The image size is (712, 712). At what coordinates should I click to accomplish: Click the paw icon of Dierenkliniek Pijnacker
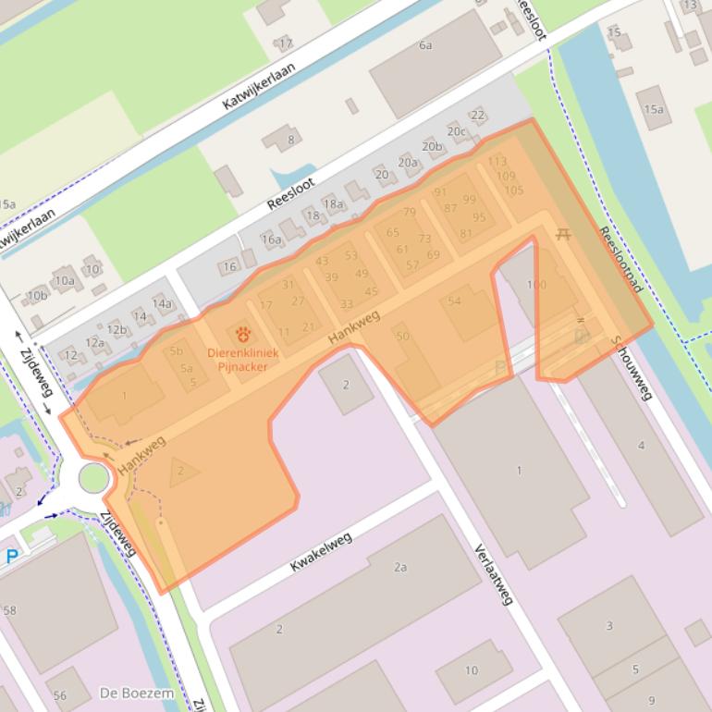(243, 334)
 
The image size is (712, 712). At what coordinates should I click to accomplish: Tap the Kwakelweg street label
(321, 552)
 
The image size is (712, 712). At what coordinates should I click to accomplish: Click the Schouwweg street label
(631, 368)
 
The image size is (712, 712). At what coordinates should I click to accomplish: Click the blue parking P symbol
(11, 557)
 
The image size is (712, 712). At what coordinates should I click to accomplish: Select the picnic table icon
(563, 235)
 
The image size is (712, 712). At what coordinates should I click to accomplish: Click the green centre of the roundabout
(93, 478)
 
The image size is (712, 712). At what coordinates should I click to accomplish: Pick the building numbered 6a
(425, 44)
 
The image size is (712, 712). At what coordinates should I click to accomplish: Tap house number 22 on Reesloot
(478, 116)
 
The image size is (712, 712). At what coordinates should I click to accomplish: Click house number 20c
(457, 131)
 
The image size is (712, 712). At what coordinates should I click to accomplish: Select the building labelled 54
(454, 301)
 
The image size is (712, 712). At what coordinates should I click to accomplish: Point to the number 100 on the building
(535, 285)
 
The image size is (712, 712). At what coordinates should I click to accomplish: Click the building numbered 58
(10, 610)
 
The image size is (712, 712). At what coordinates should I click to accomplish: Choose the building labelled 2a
(400, 567)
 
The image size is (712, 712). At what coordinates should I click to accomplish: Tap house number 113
(497, 162)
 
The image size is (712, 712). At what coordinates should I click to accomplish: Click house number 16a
(271, 239)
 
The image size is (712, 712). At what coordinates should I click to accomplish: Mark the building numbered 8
(290, 140)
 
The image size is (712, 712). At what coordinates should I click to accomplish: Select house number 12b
(117, 329)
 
